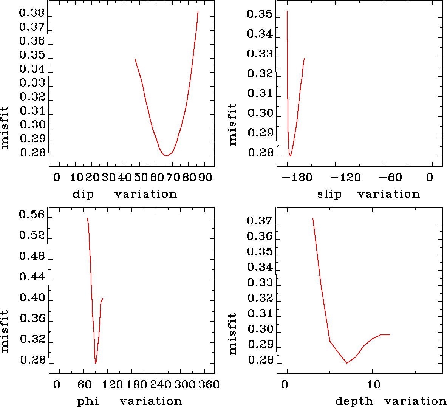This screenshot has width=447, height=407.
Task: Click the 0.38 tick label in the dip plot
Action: (x=32, y=14)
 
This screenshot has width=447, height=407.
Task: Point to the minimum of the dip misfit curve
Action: (x=166, y=156)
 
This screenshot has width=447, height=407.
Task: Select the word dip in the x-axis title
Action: (x=83, y=194)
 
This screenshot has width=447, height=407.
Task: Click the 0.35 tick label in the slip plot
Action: (x=259, y=14)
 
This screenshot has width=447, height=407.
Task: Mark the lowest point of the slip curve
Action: (x=290, y=156)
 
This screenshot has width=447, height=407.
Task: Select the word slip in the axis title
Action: (x=329, y=194)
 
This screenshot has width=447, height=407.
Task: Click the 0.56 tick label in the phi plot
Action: (x=32, y=215)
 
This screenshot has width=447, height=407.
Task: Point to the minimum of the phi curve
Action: (x=96, y=363)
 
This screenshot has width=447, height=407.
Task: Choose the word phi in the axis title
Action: (x=88, y=401)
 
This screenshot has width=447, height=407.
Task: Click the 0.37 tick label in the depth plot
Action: (x=259, y=221)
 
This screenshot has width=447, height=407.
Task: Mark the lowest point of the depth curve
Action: (x=347, y=363)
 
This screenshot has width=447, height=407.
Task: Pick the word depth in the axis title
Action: (x=354, y=401)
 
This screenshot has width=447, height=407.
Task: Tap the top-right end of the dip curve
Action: (x=198, y=11)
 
